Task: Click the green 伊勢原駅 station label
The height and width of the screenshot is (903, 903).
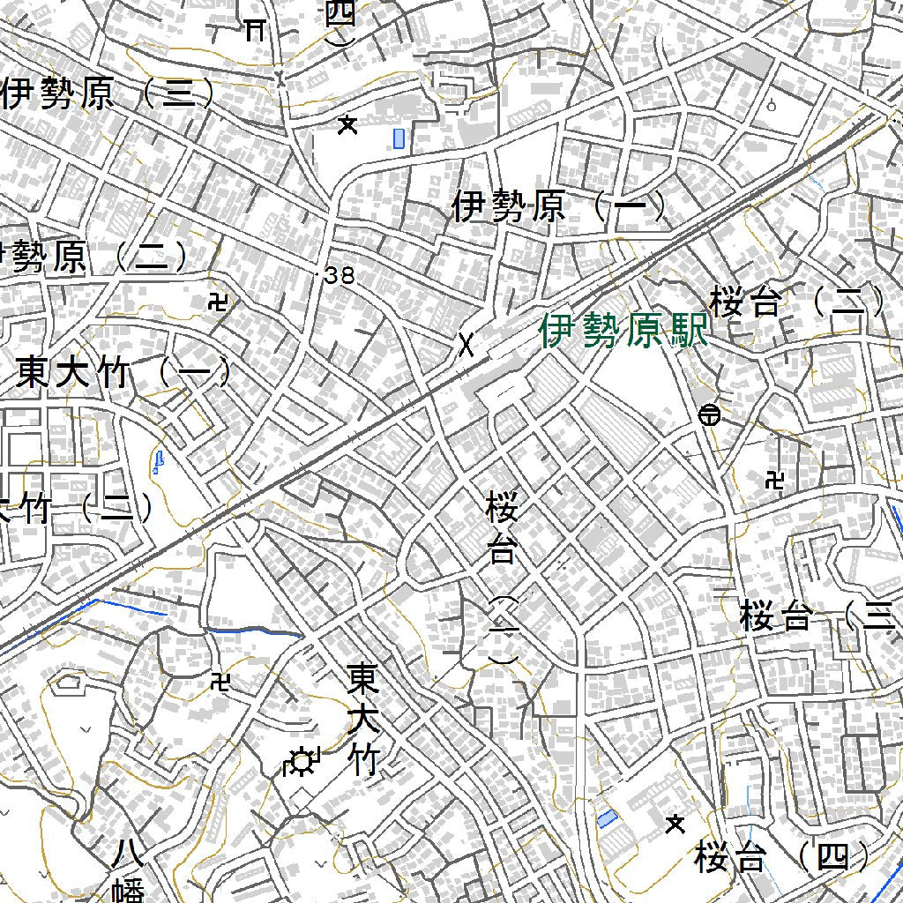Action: (624, 332)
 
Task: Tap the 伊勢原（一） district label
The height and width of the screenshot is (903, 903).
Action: (559, 207)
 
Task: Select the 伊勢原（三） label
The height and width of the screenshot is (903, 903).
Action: (108, 93)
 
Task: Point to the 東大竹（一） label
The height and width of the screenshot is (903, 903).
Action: (123, 373)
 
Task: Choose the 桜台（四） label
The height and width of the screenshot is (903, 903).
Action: (781, 856)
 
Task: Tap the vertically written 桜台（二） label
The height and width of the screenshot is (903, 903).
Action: (502, 578)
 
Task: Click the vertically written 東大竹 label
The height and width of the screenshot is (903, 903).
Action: (363, 719)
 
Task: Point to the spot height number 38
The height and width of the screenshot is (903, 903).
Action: (339, 276)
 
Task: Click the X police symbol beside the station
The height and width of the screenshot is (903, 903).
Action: (466, 345)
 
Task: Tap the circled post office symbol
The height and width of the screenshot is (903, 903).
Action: (709, 414)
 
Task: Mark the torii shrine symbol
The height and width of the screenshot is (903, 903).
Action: (256, 30)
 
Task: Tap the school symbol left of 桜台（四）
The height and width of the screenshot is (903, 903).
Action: (675, 825)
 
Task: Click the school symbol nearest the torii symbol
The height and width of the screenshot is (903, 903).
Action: (348, 125)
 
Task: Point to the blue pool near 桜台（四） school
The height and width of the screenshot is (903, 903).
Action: (607, 818)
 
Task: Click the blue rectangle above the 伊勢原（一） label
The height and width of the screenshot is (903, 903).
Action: (399, 138)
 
